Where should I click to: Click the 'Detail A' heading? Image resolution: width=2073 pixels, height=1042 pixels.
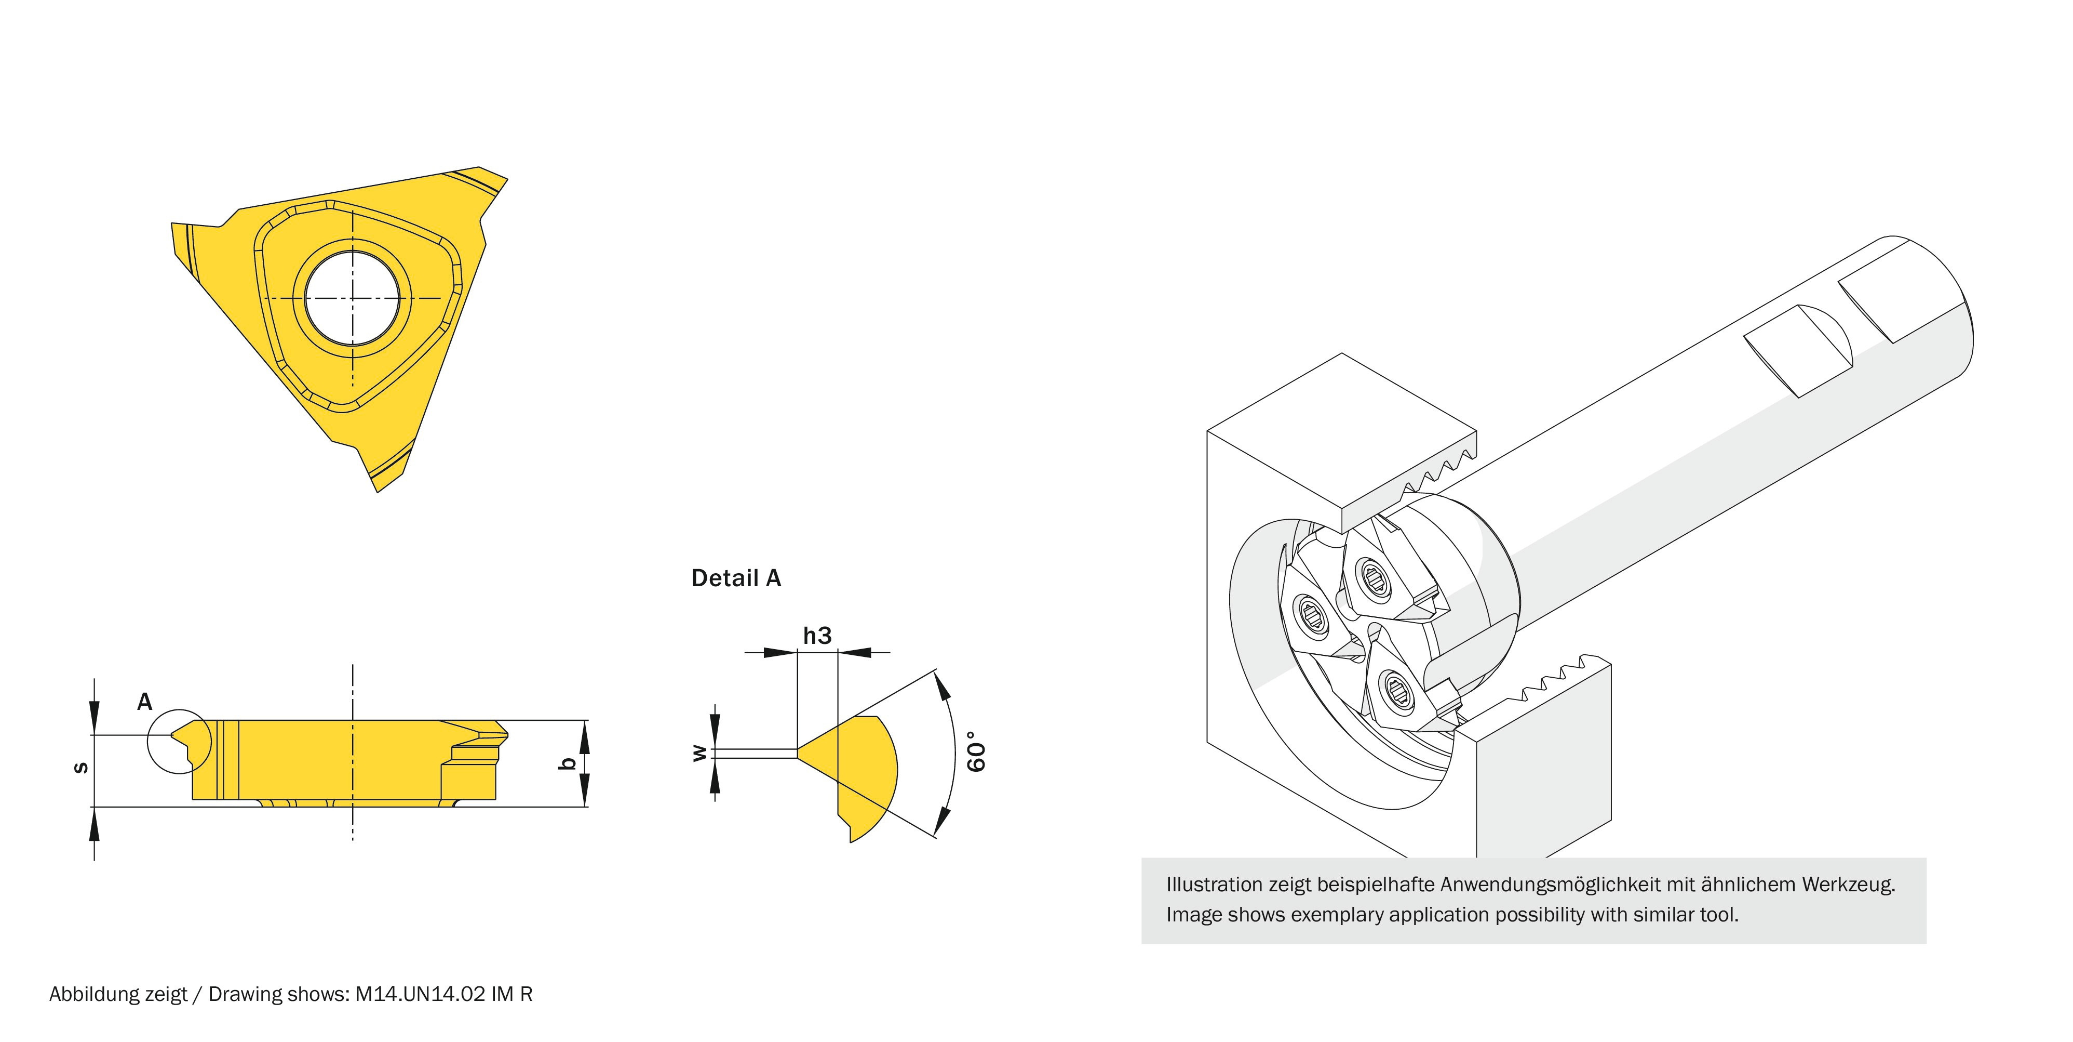735,578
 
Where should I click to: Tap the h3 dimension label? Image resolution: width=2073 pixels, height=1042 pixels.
817,636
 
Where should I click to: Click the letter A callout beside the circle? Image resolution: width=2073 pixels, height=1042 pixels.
145,702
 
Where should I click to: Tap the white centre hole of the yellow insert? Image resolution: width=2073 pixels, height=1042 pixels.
353,298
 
